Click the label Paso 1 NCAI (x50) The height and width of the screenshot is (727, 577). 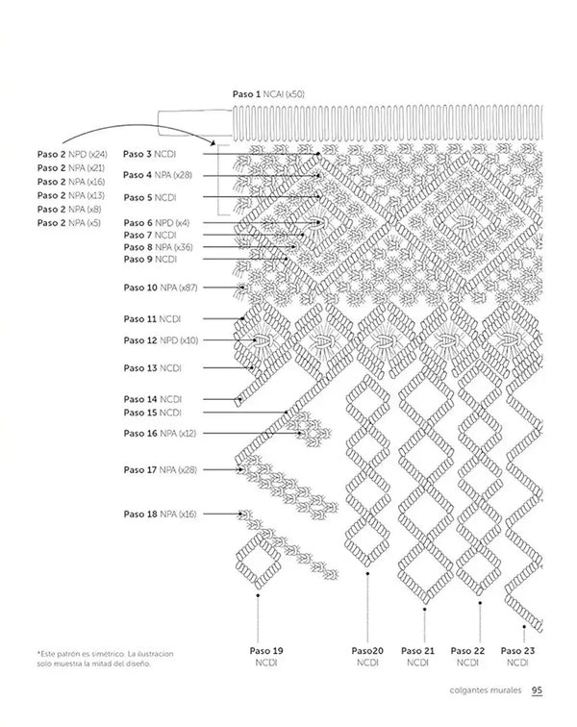[268, 93]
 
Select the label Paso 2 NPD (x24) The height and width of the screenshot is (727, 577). [72, 154]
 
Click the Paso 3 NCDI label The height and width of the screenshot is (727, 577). [149, 154]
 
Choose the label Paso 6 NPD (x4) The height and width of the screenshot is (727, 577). [157, 222]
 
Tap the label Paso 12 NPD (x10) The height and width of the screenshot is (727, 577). [161, 339]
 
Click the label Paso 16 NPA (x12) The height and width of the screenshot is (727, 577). [160, 434]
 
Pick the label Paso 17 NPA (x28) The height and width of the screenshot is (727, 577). [160, 469]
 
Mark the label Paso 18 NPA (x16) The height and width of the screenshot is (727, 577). [160, 514]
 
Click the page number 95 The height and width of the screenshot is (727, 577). [539, 689]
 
